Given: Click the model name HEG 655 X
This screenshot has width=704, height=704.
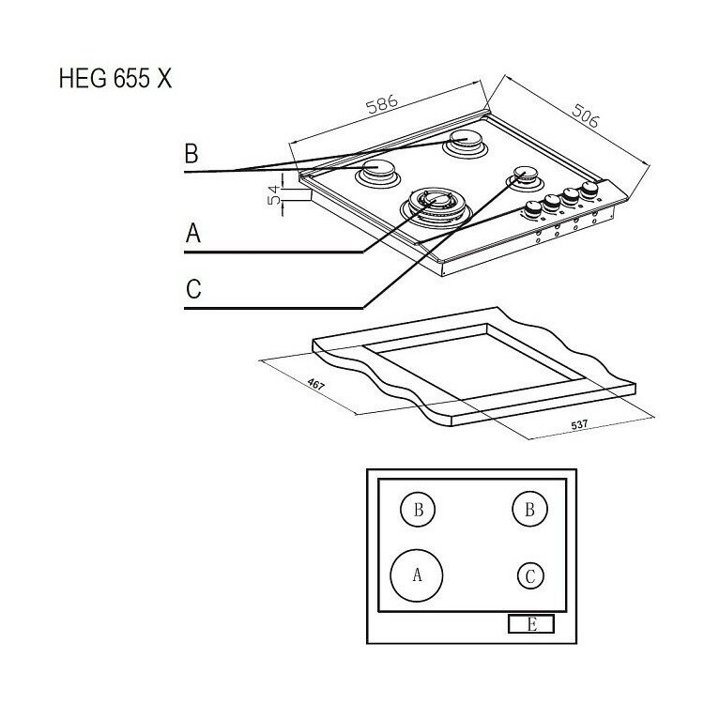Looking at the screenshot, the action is (x=115, y=79).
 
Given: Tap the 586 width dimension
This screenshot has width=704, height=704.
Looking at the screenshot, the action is (x=382, y=104).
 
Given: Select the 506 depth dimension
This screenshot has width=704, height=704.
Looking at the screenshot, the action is (x=585, y=115).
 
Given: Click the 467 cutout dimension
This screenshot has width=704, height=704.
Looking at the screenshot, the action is (x=315, y=384).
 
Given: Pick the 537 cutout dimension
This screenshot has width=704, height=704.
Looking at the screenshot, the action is (x=579, y=424).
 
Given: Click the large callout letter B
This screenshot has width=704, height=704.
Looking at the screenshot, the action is (x=191, y=153).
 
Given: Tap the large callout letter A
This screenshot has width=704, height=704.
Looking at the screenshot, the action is (x=193, y=234).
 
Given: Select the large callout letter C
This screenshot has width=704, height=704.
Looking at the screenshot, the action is (x=193, y=289).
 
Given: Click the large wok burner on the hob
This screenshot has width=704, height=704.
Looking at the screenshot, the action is (x=436, y=207).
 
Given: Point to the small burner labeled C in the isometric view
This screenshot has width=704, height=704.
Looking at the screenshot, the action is (x=525, y=177).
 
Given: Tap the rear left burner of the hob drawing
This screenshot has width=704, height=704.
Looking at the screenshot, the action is (x=377, y=174).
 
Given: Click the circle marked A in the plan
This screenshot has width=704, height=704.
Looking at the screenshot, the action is (x=417, y=575).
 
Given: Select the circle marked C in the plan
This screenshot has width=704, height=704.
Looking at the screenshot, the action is (x=530, y=575).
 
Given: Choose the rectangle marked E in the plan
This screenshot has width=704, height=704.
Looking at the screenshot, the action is (x=531, y=624).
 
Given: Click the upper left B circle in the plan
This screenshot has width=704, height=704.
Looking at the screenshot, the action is (x=418, y=509).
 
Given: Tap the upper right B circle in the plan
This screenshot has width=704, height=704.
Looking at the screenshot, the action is (x=529, y=509).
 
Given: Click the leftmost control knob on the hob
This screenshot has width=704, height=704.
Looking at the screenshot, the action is (x=533, y=209).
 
